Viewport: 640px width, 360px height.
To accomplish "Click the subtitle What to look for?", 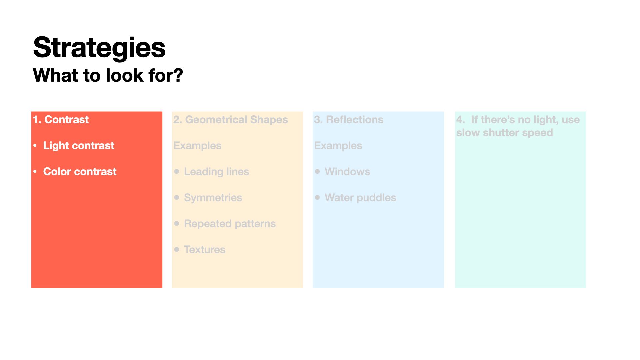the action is point(108,75).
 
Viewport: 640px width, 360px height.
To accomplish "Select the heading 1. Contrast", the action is point(61,119).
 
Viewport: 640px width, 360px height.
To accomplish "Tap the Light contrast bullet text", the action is point(79,145).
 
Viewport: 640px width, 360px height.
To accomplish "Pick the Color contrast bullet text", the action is point(80,171).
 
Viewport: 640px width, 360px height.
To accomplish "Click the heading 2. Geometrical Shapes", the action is point(230,120).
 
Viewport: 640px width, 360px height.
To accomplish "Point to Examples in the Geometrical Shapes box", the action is point(197,146).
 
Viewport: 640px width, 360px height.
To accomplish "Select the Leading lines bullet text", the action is point(217,172).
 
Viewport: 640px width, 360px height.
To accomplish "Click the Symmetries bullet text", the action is point(213,198).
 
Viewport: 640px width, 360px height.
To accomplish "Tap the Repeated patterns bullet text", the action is point(230,224).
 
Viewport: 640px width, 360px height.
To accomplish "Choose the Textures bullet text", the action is point(205,250).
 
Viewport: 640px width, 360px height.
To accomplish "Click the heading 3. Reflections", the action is point(349,119).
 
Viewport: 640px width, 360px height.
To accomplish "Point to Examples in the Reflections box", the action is point(338,146).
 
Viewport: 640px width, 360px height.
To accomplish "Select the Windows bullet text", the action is point(347,171).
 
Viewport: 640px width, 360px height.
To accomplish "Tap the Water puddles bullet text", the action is point(360,198).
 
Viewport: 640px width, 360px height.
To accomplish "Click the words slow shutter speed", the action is point(505,133).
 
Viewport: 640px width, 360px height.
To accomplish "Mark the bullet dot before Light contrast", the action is point(35,145).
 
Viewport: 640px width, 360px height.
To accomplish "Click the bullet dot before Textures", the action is point(177,249).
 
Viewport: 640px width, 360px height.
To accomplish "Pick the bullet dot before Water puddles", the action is point(317,197).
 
